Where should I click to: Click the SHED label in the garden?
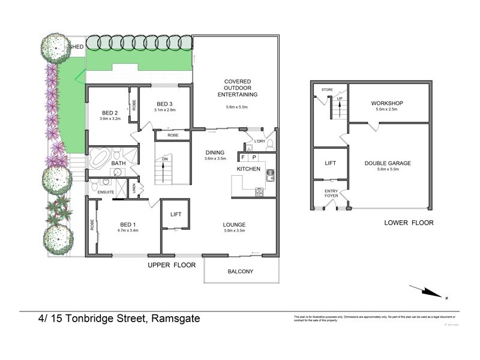pyautogui.click(x=77, y=46)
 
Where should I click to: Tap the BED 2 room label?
pyautogui.click(x=109, y=113)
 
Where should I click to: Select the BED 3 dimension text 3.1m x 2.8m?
pyautogui.click(x=164, y=110)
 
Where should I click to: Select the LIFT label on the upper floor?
pyautogui.click(x=176, y=214)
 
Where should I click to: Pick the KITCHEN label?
pyautogui.click(x=248, y=170)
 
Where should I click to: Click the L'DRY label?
pyautogui.click(x=259, y=142)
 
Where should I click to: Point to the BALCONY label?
pyautogui.click(x=240, y=272)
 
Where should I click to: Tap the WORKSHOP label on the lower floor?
pyautogui.click(x=388, y=103)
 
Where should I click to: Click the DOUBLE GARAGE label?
pyautogui.click(x=388, y=163)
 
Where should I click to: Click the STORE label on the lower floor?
pyautogui.click(x=327, y=89)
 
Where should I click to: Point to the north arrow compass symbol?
pyautogui.click(x=430, y=292)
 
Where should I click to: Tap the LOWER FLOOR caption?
pyautogui.click(x=409, y=223)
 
